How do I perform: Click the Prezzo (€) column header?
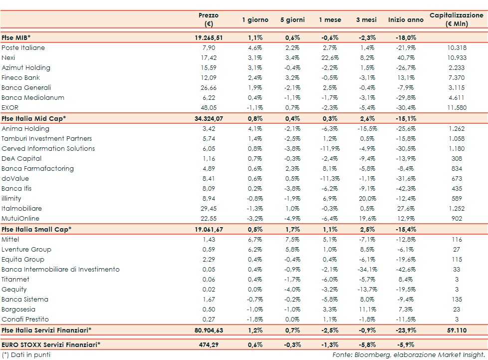click(208, 19)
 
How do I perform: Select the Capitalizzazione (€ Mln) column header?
click(456, 19)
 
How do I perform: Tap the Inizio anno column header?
click(406, 20)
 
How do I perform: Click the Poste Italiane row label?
click(23, 48)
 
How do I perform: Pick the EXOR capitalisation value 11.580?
click(456, 108)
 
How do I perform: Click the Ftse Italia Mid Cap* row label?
click(34, 118)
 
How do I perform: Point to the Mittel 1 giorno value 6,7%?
click(255, 240)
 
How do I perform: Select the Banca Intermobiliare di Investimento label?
click(60, 270)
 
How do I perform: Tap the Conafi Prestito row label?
click(26, 320)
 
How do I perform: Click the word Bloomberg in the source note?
click(369, 355)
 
